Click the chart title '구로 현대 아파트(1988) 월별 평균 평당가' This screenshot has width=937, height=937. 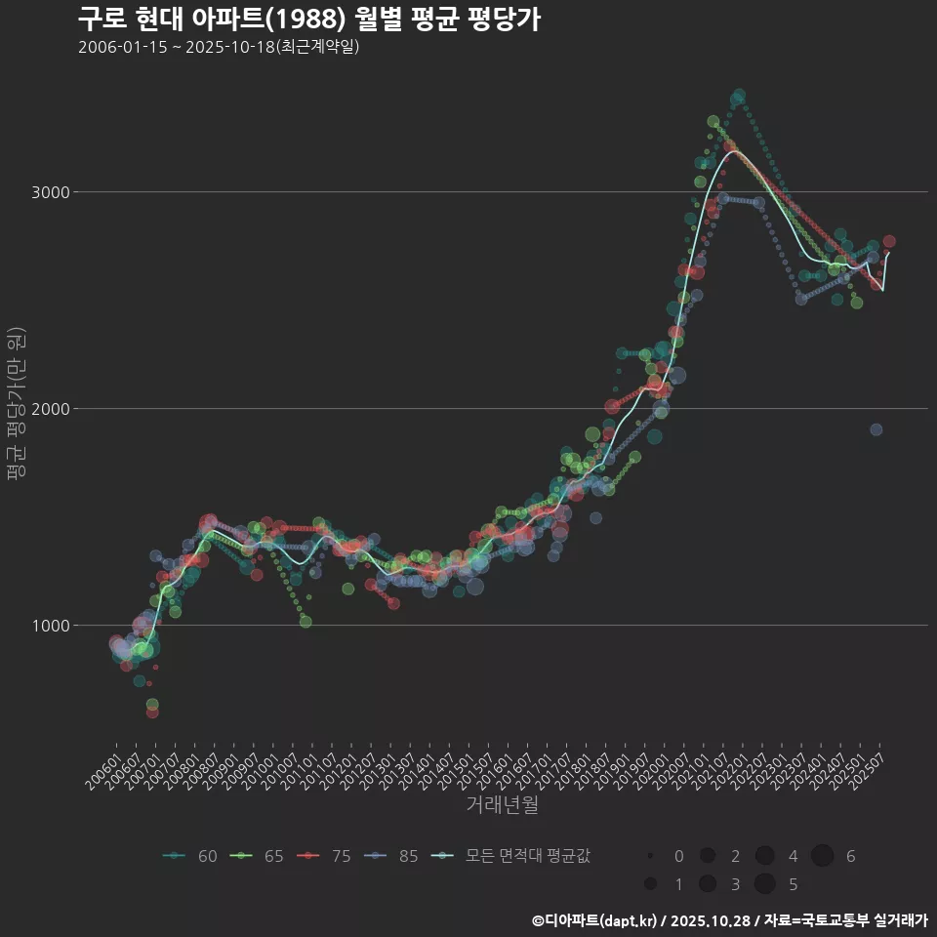click(x=308, y=20)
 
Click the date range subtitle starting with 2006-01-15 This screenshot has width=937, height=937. click(x=219, y=47)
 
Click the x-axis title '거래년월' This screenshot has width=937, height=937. click(x=502, y=804)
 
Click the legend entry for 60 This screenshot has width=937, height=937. click(x=190, y=856)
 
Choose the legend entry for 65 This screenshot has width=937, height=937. click(x=257, y=856)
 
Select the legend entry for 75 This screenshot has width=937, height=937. click(x=324, y=856)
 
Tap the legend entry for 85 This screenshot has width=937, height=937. click(x=390, y=856)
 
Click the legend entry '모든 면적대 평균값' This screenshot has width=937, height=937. click(x=512, y=856)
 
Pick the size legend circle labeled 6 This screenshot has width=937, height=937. click(x=823, y=856)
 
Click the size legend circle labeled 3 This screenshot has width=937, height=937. click(x=708, y=884)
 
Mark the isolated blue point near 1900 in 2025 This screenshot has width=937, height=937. click(x=876, y=429)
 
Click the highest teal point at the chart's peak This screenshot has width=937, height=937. click(x=739, y=96)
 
